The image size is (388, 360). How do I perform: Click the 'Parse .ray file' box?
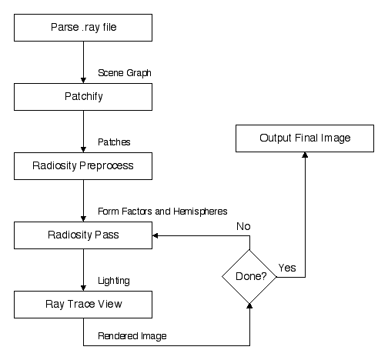[x=83, y=28]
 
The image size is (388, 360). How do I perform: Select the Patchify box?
[x=83, y=97]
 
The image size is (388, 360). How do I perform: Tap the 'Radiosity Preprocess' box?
[x=83, y=166]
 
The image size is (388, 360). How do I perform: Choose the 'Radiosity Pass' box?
[x=83, y=235]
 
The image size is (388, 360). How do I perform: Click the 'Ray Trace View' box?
[x=83, y=305]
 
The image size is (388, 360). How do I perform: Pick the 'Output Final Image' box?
[x=305, y=138]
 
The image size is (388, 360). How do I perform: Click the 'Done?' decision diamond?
[x=249, y=277]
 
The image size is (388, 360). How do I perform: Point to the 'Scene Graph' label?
[x=125, y=73]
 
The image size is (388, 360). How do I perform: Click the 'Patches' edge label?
[x=114, y=142]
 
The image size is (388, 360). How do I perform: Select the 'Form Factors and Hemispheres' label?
[x=162, y=212]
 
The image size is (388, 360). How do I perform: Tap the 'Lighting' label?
[x=114, y=281]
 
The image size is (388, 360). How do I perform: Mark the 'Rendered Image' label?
[x=132, y=336]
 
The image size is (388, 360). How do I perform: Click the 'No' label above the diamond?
[x=243, y=226]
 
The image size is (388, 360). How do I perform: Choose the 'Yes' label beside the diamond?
[x=287, y=268]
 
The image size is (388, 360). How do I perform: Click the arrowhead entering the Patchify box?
[x=83, y=81]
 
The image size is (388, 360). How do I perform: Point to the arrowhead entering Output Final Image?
[x=305, y=155]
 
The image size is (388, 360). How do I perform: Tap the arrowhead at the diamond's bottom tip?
[x=249, y=306]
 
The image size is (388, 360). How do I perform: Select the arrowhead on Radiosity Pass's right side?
[x=156, y=235]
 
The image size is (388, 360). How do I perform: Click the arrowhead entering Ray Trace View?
[x=83, y=288]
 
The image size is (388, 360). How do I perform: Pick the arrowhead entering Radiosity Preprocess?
[x=83, y=150]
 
